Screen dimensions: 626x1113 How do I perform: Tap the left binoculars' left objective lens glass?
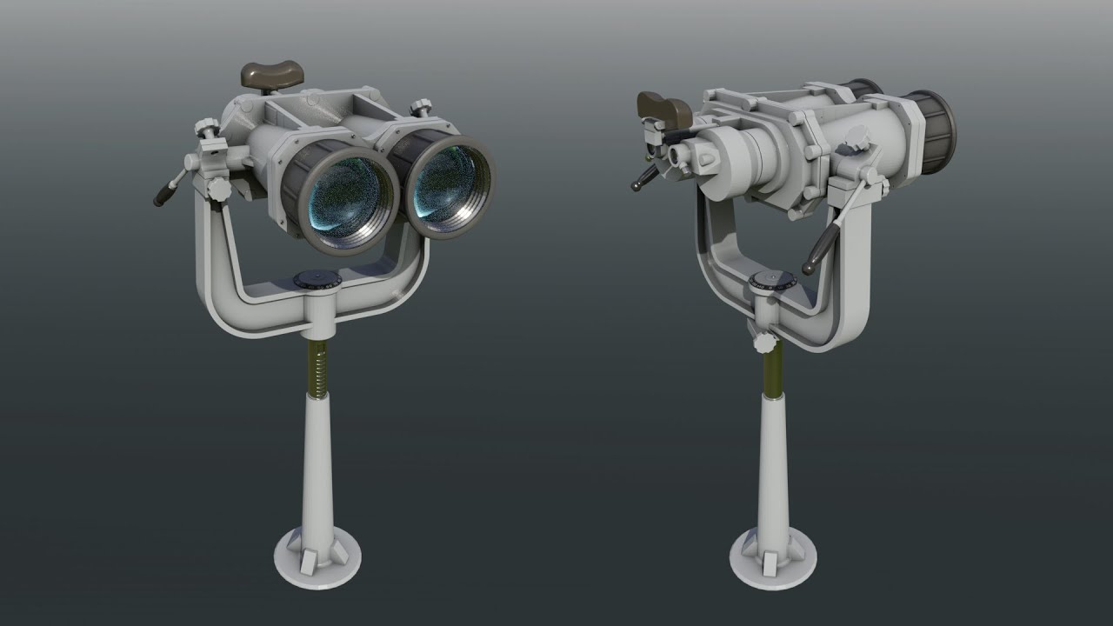click(343, 198)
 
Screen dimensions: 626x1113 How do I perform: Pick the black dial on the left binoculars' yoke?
click(317, 279)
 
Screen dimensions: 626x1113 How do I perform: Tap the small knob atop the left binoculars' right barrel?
click(423, 108)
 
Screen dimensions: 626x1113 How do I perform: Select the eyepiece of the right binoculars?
click(682, 156)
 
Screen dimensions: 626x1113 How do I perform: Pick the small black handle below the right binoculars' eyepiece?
click(643, 177)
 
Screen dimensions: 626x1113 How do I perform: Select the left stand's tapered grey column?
click(317, 469)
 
